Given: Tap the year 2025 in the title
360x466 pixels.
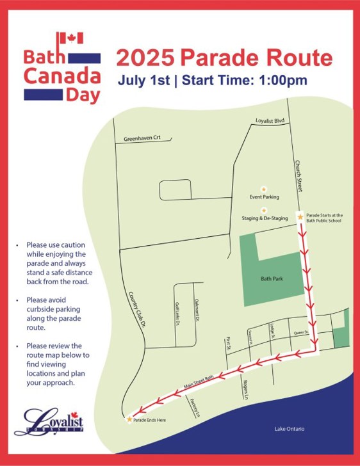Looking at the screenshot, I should (145, 58).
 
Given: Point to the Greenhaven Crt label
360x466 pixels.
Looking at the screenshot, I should (142, 138).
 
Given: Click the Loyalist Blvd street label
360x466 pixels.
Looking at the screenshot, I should (270, 121).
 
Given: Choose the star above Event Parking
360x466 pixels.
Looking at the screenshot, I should (264, 190).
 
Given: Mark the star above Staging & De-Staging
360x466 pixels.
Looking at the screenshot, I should (264, 210).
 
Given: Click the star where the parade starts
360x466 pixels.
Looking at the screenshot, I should (301, 218).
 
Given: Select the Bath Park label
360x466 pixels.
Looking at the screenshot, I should (272, 279).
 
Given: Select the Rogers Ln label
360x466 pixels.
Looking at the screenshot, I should (246, 389).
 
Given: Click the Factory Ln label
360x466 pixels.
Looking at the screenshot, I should (196, 407).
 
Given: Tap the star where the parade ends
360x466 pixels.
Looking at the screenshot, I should (130, 419).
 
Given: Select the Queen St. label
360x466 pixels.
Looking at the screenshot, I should (301, 333).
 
